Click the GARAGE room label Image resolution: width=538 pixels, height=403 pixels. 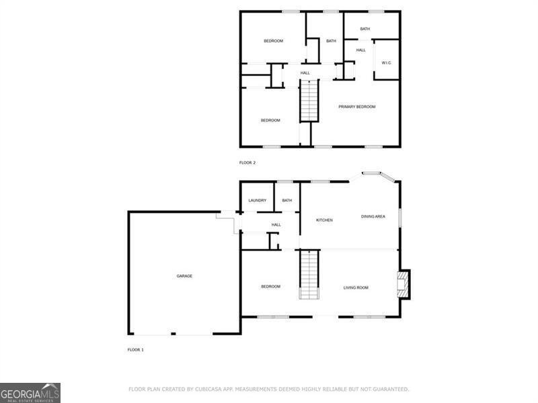(184, 276)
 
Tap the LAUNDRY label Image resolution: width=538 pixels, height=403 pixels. (258, 201)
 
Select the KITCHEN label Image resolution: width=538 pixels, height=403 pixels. (325, 220)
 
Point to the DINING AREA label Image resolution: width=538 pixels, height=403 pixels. (373, 216)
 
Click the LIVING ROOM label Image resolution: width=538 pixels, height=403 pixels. (356, 288)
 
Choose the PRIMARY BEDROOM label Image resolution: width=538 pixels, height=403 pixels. (356, 107)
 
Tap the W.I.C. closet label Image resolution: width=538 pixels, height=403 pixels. (386, 63)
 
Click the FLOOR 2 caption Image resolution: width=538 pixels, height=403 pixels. (247, 163)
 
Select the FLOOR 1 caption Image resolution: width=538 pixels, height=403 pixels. (135, 350)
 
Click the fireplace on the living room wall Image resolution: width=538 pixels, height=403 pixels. (403, 284)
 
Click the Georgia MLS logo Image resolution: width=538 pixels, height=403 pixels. (30, 392)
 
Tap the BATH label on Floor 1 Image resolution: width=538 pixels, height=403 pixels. (287, 201)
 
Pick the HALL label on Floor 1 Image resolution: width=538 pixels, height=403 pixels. (276, 225)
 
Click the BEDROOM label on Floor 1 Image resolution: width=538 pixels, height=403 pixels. (270, 287)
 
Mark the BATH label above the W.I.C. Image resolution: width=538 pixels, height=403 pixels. (364, 29)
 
